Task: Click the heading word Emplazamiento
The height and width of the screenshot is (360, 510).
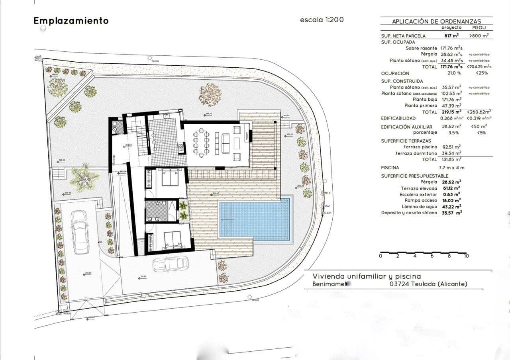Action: click(x=71, y=21)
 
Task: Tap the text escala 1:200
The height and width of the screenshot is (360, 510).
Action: click(x=322, y=20)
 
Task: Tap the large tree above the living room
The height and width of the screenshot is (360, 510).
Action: click(x=210, y=94)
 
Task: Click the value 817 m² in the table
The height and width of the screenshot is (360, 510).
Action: click(x=451, y=35)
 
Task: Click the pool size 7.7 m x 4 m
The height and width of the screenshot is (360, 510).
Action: click(x=451, y=168)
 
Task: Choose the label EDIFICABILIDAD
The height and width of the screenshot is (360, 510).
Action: click(x=398, y=118)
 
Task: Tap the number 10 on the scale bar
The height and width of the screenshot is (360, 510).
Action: click(x=466, y=256)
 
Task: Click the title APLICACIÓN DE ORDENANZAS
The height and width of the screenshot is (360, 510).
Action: click(x=436, y=22)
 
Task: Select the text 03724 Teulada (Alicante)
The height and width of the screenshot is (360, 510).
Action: click(x=428, y=284)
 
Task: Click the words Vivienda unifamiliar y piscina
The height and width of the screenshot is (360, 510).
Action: click(x=367, y=276)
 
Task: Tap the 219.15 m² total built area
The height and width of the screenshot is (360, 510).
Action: click(x=451, y=112)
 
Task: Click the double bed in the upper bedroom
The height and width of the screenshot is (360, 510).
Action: click(x=170, y=177)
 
